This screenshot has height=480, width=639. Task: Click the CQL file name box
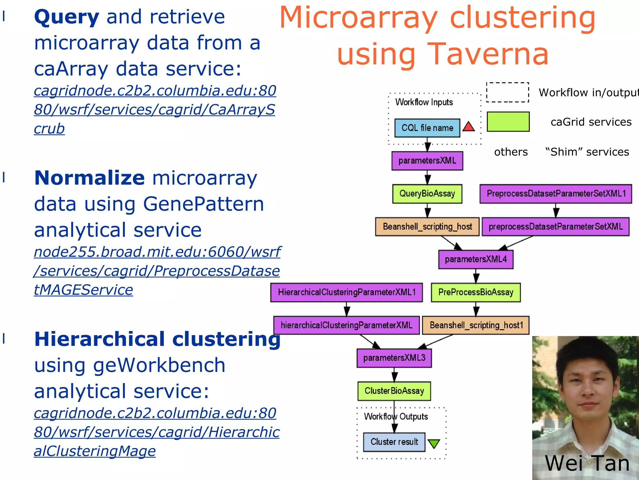(427, 128)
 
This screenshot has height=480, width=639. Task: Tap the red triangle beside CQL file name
(469, 127)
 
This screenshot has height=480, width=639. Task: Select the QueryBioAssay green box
(427, 194)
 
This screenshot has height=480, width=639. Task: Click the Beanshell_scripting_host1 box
(476, 325)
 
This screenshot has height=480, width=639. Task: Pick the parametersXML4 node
(476, 259)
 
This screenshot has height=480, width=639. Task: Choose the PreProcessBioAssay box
(476, 292)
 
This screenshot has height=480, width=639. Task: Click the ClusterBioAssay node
(394, 391)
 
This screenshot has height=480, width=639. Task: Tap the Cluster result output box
(394, 442)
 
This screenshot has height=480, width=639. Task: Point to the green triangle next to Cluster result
(434, 443)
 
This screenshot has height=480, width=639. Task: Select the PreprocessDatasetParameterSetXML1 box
(556, 194)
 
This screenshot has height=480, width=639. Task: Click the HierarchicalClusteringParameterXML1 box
(347, 292)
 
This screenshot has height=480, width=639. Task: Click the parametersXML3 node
(394, 358)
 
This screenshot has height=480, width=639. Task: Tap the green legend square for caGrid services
(508, 122)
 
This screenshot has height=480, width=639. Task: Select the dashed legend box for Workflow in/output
(508, 92)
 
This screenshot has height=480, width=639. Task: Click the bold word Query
(67, 17)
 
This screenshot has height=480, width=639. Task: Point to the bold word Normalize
(90, 178)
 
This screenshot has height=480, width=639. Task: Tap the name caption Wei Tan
(587, 463)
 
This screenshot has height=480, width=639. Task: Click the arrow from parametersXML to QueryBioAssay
(428, 178)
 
